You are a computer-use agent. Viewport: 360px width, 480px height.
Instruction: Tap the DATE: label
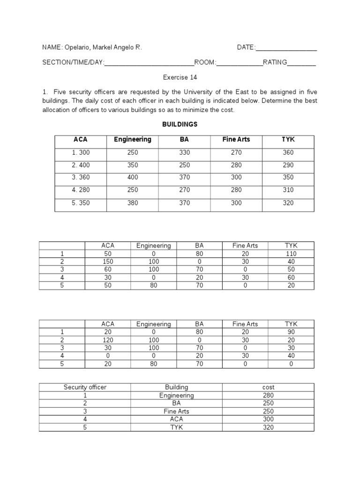pos(246,48)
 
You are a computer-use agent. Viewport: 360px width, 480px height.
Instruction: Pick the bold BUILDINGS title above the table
pos(180,125)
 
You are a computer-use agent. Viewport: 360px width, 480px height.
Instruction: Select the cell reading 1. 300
pos(81,152)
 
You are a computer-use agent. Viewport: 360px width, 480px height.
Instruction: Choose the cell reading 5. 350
pos(81,203)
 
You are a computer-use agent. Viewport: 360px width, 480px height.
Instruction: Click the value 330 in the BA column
pos(185,152)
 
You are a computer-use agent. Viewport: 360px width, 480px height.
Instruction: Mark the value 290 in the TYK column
pos(288,165)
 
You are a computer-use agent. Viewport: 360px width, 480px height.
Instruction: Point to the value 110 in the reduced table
pos(291,254)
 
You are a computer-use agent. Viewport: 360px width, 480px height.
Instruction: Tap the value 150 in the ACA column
pos(108,262)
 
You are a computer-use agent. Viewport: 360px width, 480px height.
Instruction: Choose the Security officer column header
pos(85,387)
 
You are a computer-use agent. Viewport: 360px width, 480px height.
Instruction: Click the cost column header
pos(269,387)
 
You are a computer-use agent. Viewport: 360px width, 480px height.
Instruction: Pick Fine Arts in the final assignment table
pos(176,411)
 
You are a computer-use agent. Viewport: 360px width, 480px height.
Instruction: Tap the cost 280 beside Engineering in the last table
pos(269,395)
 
